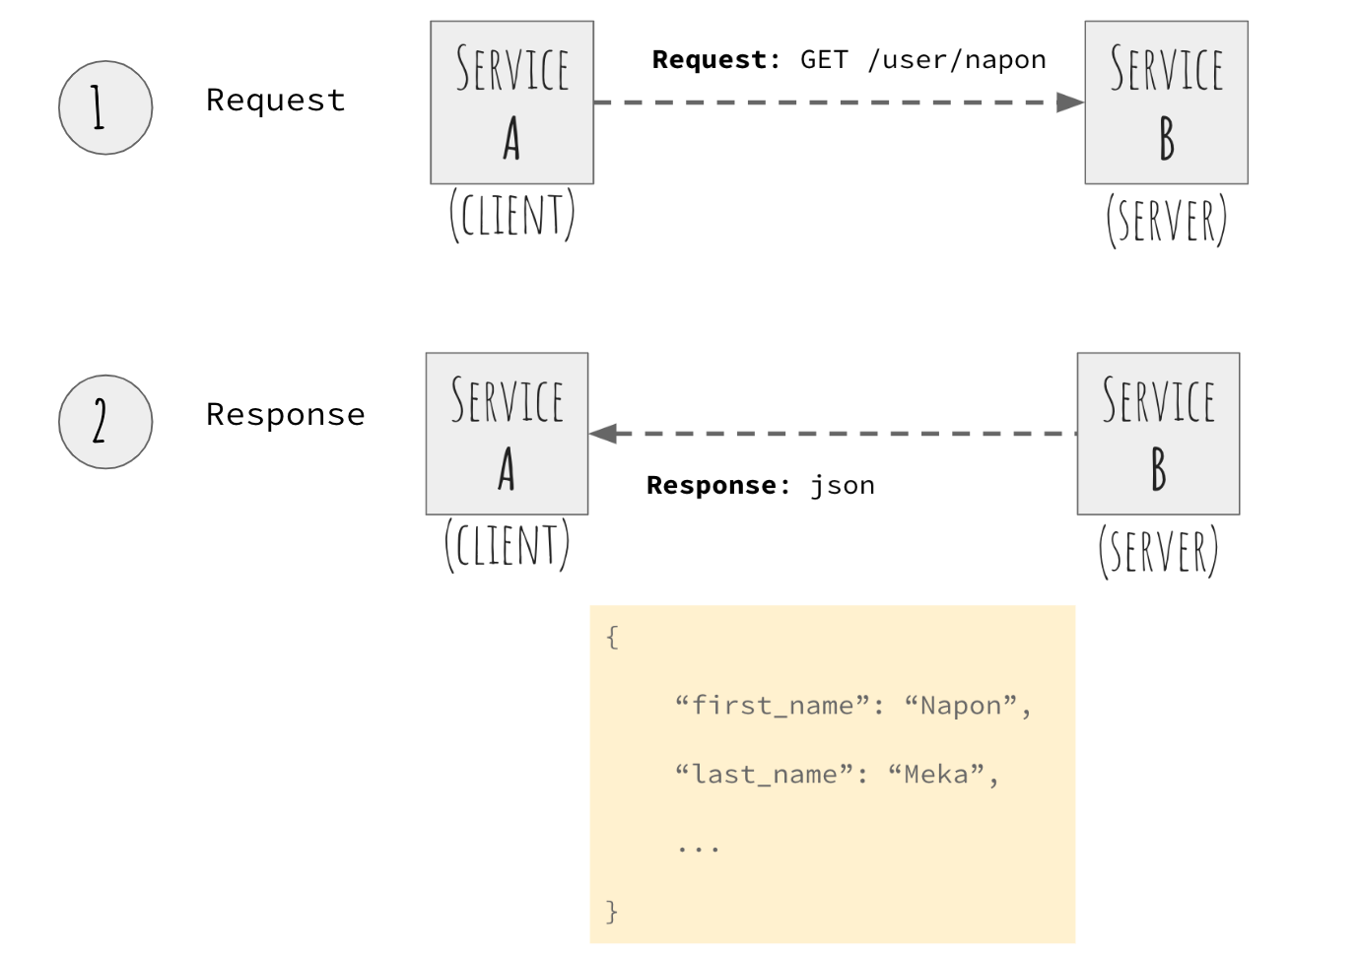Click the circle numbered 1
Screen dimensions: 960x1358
pos(105,107)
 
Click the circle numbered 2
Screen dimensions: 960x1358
pos(105,422)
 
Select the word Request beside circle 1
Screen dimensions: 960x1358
pos(276,101)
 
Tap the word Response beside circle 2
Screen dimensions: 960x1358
pos(286,415)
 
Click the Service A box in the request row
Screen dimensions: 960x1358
pos(511,103)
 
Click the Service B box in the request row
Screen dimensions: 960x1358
pos(1166,103)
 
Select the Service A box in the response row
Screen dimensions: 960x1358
pos(507,434)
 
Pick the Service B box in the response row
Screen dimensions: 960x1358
pos(1158,434)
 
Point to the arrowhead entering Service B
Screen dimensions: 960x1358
pos(1070,103)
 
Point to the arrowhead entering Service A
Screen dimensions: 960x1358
pos(603,434)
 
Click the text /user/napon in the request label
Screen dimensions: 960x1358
pos(957,60)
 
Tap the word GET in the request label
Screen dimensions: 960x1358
pos(824,60)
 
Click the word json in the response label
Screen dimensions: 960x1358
pos(843,486)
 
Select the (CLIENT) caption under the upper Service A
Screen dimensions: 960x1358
pos(511,216)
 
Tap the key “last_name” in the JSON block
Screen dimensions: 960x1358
pos(764,775)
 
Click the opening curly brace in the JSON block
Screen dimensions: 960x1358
pos(612,637)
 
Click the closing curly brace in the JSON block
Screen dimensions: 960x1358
pos(612,911)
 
